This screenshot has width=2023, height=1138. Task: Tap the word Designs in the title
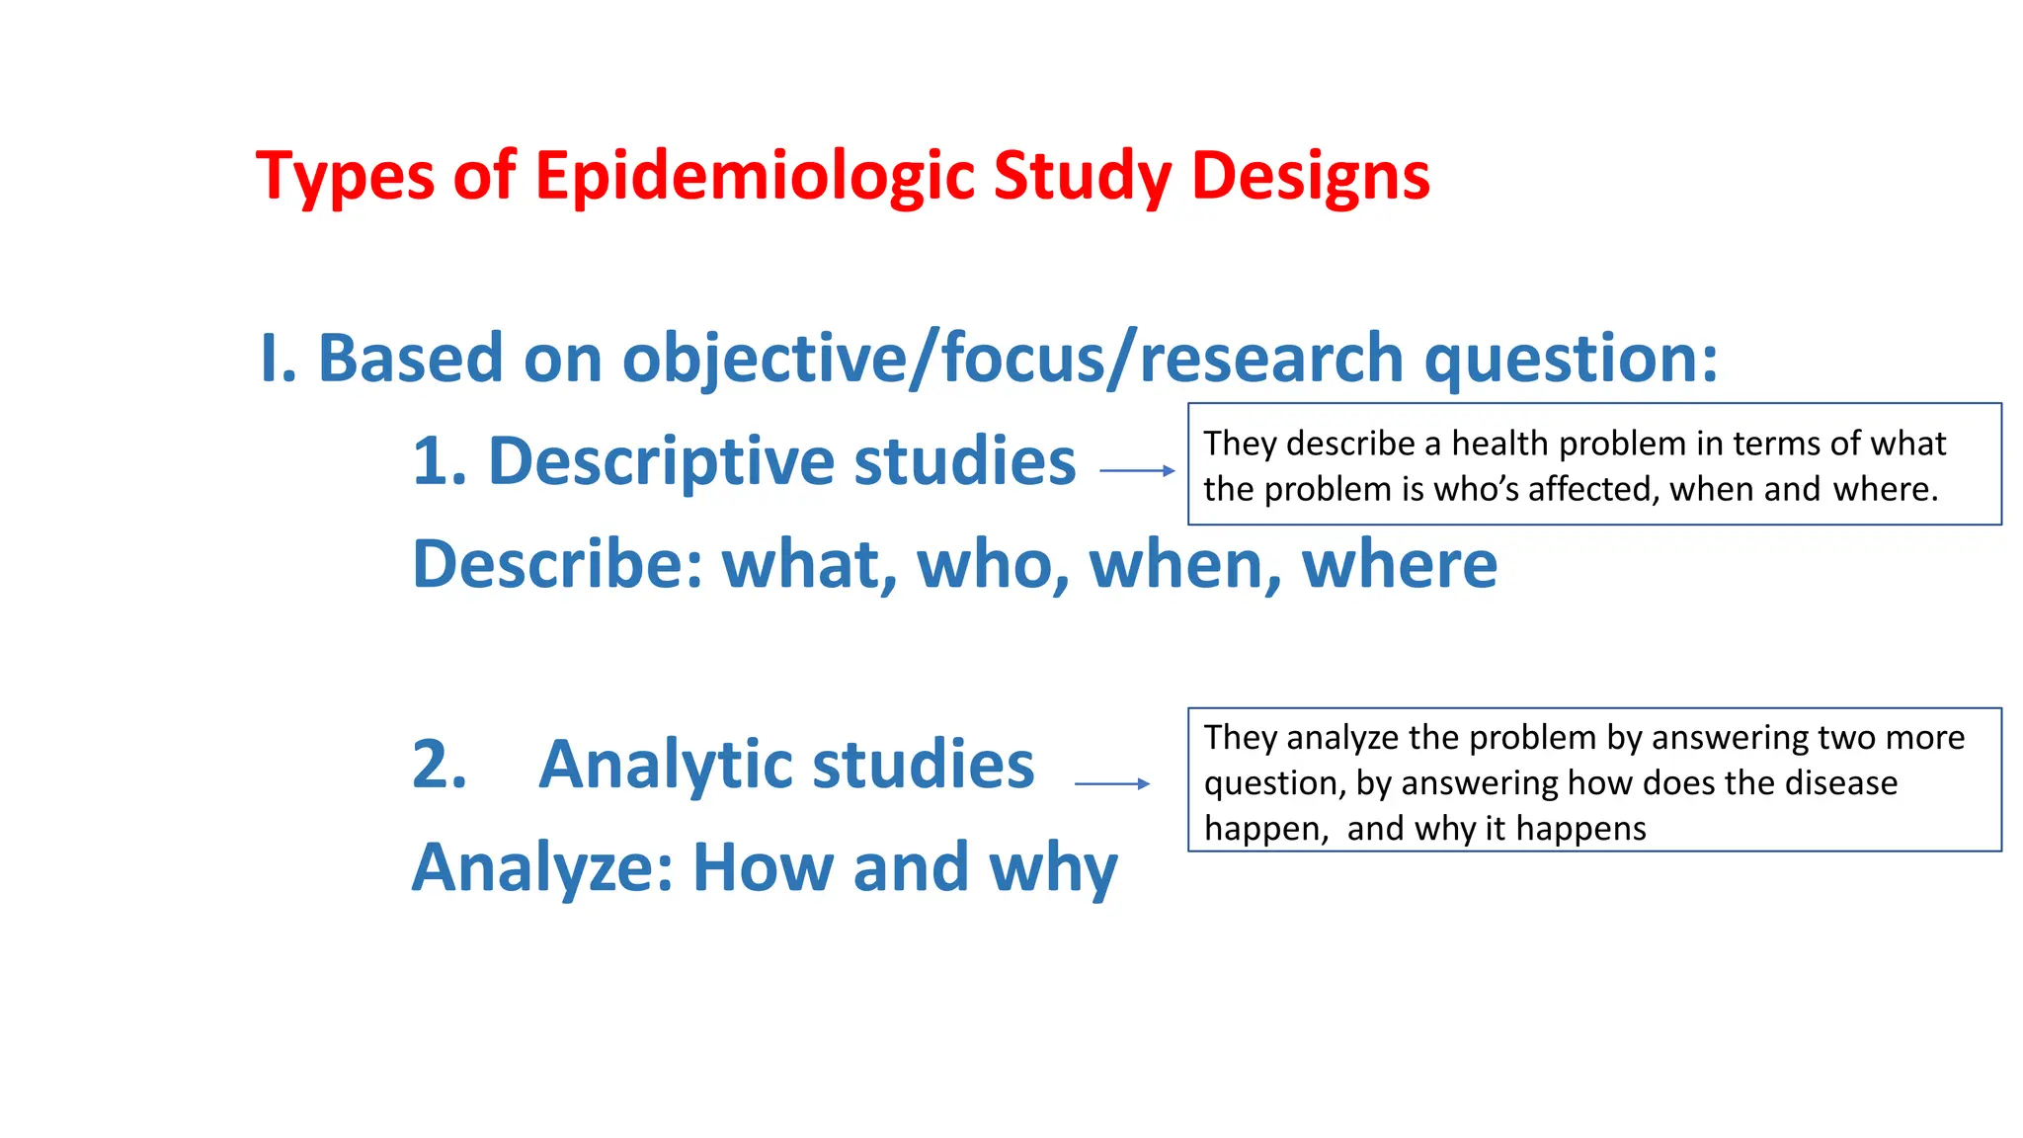(1310, 176)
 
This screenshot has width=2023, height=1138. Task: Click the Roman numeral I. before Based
(278, 358)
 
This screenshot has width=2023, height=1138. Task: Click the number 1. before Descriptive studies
(440, 461)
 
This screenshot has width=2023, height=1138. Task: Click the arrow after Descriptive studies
(1137, 471)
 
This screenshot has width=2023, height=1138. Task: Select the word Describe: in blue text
(556, 564)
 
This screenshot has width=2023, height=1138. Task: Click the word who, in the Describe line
(993, 564)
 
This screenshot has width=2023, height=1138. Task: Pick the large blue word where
(1399, 564)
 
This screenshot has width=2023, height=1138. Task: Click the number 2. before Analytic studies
(440, 765)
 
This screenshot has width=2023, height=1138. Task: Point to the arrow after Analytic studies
(1112, 784)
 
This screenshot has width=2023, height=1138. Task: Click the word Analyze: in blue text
(542, 867)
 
